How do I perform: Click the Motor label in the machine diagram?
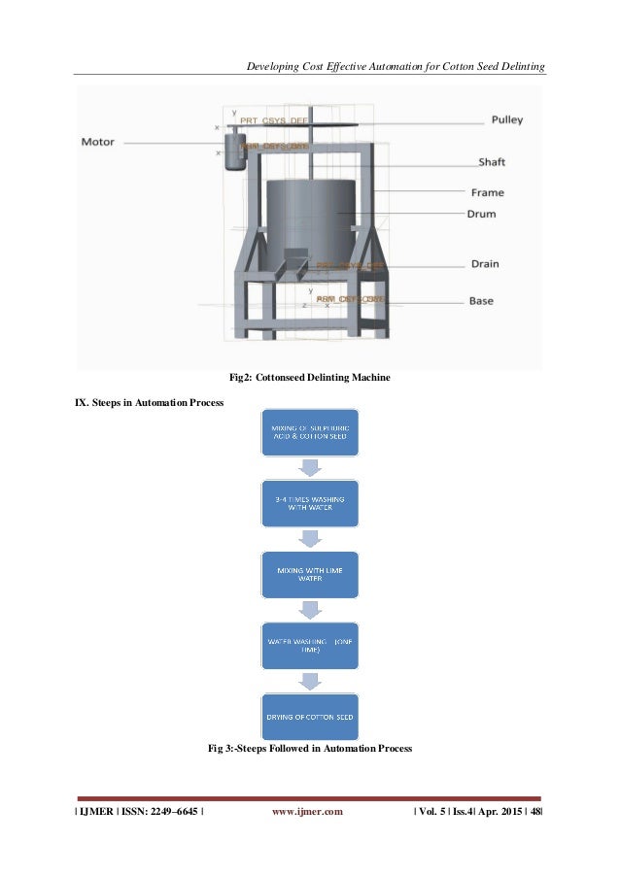(97, 142)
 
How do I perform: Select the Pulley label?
(505, 119)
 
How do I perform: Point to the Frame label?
(488, 192)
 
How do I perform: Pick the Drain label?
(484, 263)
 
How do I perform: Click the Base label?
(481, 300)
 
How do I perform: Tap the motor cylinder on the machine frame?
(234, 152)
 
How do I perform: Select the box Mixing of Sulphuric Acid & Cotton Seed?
(310, 433)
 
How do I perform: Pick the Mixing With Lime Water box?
(310, 575)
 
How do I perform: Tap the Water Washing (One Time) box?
(310, 645)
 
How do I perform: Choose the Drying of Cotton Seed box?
(310, 716)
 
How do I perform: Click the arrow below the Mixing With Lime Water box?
(310, 610)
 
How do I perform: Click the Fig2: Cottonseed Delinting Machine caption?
(309, 377)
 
